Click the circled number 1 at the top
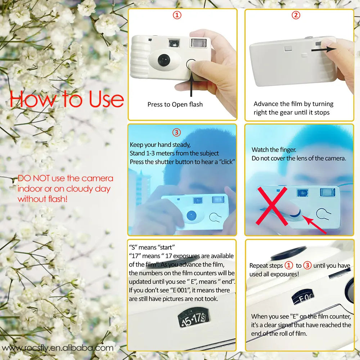click(177, 15)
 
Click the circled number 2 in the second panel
click(296, 15)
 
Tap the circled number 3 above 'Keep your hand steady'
click(177, 132)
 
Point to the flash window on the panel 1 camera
click(197, 43)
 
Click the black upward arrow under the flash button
click(191, 83)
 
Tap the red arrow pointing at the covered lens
click(313, 224)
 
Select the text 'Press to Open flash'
click(175, 104)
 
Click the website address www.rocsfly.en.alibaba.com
click(58, 348)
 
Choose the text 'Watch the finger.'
click(274, 149)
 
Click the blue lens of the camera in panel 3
click(192, 215)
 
